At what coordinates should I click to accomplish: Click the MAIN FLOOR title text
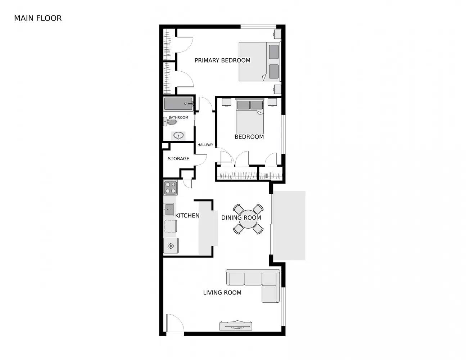(38, 18)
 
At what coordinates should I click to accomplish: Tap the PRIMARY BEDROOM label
(222, 60)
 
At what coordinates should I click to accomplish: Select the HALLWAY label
(205, 145)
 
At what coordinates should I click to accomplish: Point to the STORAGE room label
(178, 159)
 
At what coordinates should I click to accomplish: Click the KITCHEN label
(187, 216)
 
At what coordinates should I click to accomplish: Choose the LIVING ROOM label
(222, 293)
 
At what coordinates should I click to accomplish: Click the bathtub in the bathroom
(178, 104)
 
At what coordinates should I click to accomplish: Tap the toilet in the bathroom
(171, 122)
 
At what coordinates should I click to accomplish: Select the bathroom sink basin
(178, 136)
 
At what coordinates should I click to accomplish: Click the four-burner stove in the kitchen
(171, 188)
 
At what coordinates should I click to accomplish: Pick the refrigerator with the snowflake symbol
(171, 246)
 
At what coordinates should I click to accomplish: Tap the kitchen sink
(169, 209)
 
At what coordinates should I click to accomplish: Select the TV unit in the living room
(236, 325)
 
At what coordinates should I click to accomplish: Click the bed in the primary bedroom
(259, 62)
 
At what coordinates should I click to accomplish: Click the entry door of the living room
(175, 324)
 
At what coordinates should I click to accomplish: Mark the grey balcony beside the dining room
(289, 225)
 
